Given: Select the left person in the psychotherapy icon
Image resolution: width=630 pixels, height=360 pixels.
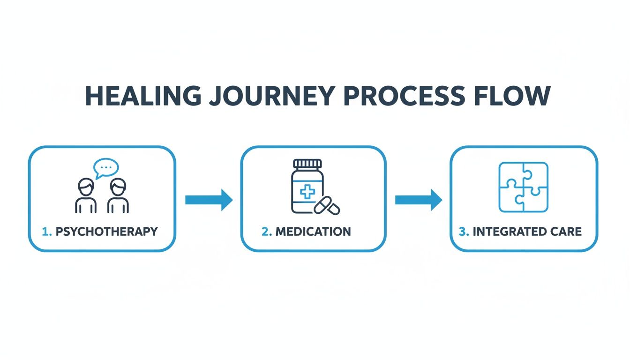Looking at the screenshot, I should pyautogui.click(x=86, y=196).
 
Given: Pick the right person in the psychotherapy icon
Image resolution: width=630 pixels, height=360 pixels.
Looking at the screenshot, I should pyautogui.click(x=118, y=196).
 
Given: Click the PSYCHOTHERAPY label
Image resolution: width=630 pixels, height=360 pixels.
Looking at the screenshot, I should pyautogui.click(x=106, y=232).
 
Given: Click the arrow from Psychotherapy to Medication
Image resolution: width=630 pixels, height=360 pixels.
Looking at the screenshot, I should pyautogui.click(x=209, y=200).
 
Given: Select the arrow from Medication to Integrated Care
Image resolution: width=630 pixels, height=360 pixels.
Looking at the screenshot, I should pyautogui.click(x=418, y=200).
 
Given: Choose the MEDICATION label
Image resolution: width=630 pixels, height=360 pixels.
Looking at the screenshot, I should pyautogui.click(x=313, y=232).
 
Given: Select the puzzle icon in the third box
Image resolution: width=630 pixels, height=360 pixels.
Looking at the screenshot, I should pyautogui.click(x=523, y=187).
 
